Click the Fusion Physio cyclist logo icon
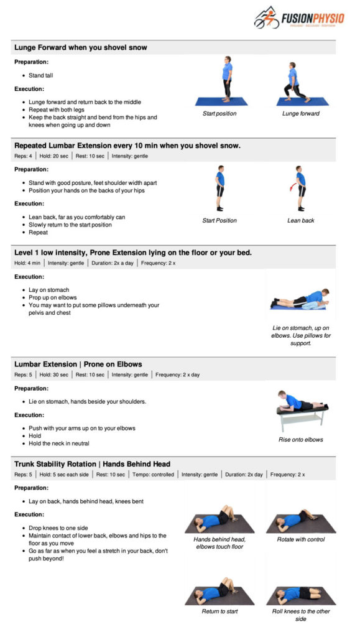(x=267, y=18)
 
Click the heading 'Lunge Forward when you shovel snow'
(x=81, y=47)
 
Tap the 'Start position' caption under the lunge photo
(x=219, y=114)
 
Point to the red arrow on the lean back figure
(x=292, y=187)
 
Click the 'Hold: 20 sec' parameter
(x=54, y=156)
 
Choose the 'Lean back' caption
(x=301, y=221)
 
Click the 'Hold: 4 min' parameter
(x=27, y=263)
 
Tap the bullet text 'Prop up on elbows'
(x=52, y=298)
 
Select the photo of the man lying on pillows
(x=300, y=299)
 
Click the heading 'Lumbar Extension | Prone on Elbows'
(x=78, y=365)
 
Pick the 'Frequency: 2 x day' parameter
(x=177, y=375)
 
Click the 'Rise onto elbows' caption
(x=301, y=440)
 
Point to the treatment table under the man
(x=302, y=419)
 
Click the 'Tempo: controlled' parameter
(x=153, y=475)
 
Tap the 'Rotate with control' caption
(x=301, y=539)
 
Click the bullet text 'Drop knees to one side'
(x=58, y=528)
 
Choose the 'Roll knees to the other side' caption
(x=301, y=615)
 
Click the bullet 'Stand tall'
(x=40, y=75)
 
